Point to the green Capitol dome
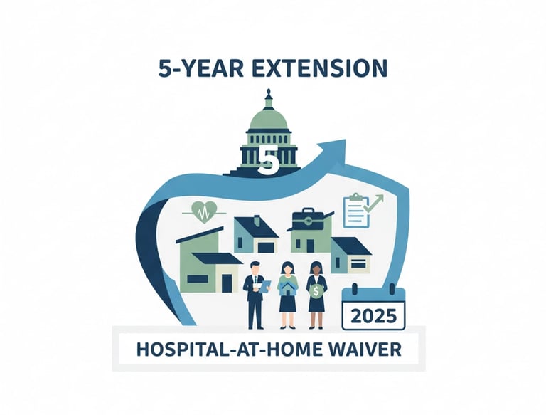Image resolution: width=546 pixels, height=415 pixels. (x=269, y=118)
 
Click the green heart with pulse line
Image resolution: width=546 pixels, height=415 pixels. (x=203, y=212)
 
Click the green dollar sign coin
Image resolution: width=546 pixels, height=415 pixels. (x=316, y=290)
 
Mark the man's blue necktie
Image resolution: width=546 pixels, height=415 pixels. (x=254, y=284)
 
